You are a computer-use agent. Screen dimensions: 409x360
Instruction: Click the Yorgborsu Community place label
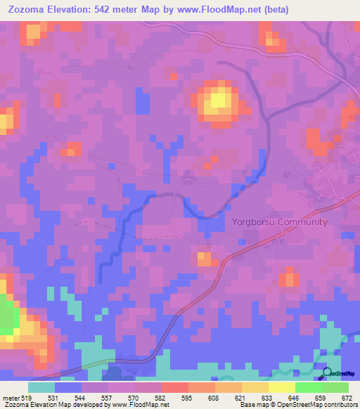[x=279, y=222]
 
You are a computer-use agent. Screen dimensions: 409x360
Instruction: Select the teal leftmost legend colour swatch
[x=41, y=387]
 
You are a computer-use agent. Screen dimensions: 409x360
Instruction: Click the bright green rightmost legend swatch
[x=335, y=387]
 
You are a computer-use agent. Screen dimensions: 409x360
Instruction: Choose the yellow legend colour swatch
[x=281, y=387]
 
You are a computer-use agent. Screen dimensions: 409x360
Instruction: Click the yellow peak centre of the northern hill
[x=218, y=100]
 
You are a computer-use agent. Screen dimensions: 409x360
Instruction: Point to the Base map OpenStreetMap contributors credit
[x=300, y=404]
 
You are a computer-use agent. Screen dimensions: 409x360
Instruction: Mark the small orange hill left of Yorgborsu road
[x=205, y=259]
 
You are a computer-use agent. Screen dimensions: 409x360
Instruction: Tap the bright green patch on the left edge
[x=6, y=317]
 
